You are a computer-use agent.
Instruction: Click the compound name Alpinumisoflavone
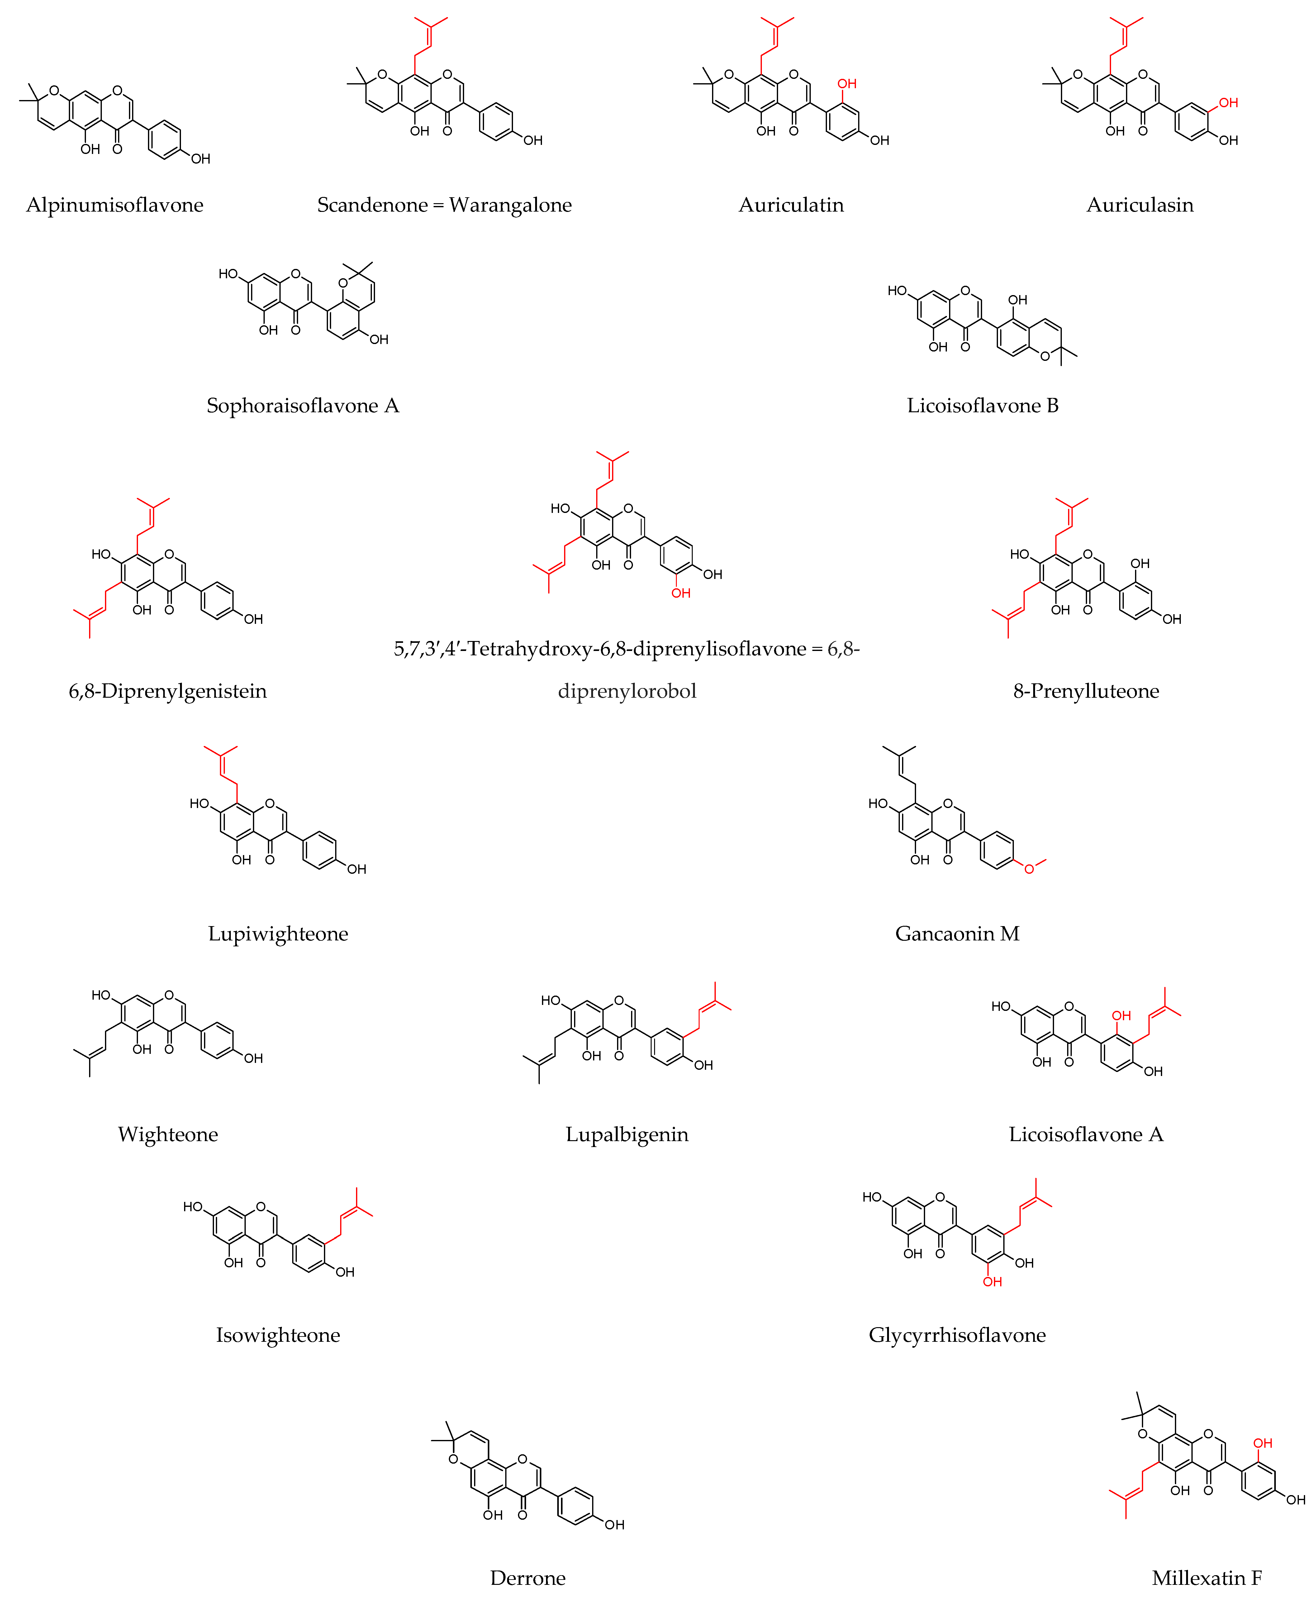click(x=114, y=205)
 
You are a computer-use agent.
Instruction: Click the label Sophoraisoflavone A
click(x=302, y=406)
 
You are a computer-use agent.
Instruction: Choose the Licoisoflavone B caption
click(x=982, y=406)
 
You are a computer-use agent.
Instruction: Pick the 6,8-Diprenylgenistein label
click(x=168, y=691)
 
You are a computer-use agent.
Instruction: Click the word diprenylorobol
click(x=627, y=691)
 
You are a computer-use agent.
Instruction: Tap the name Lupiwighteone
click(x=278, y=934)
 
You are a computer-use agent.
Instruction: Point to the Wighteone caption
click(x=168, y=1135)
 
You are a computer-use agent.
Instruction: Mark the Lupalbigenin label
click(x=627, y=1135)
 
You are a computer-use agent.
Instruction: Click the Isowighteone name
click(x=278, y=1335)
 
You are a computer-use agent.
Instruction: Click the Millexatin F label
click(x=1207, y=1578)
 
